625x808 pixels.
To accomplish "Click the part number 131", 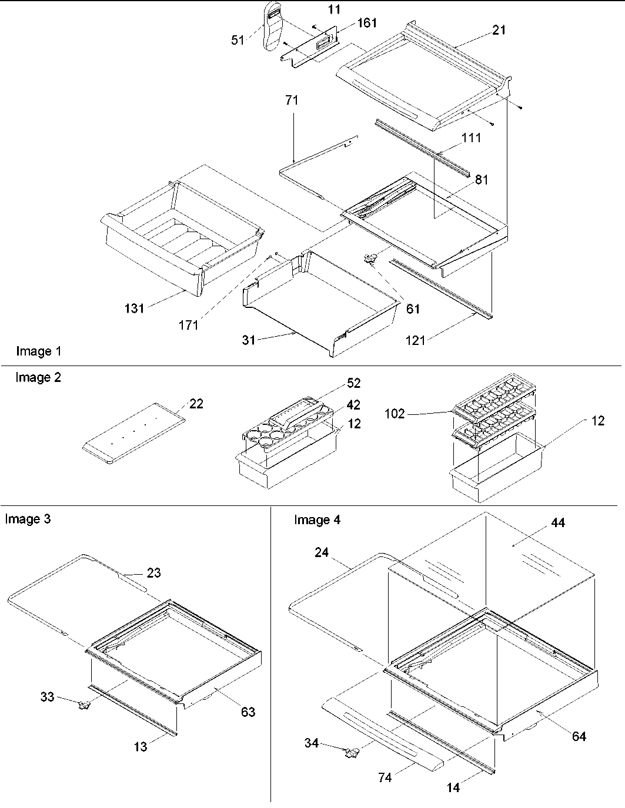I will [134, 308].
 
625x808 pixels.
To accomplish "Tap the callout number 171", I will [188, 324].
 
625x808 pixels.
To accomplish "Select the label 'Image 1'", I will [38, 351].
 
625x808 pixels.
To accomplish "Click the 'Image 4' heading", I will [317, 520].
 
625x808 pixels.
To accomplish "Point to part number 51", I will [238, 41].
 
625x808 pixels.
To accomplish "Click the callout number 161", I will [366, 23].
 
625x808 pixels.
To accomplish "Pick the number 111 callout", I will [471, 138].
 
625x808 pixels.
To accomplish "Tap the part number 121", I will [415, 340].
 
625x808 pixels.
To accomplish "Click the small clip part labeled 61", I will [370, 259].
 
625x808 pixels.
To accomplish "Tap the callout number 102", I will [395, 414].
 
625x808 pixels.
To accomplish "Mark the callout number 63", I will [248, 712].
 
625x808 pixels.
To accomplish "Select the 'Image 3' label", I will [28, 519].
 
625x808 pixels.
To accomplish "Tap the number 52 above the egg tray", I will [354, 383].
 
